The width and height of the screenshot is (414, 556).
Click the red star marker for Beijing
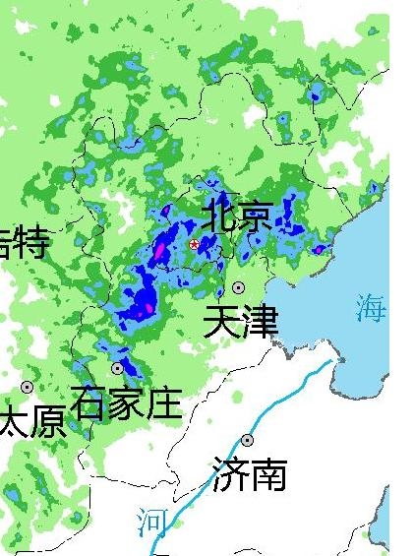coord(194,244)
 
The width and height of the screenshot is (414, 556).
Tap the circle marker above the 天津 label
coord(239,287)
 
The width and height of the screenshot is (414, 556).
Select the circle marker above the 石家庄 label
coord(118,368)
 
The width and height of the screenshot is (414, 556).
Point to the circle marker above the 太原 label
coord(27,387)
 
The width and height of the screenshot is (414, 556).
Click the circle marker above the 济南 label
coord(247,440)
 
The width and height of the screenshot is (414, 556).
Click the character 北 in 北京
coord(218,216)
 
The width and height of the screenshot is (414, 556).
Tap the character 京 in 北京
coord(254,216)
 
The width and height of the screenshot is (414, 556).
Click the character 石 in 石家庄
coord(89,403)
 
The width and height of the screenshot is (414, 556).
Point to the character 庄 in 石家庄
coord(163,403)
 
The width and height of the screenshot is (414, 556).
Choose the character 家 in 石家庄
coord(126,403)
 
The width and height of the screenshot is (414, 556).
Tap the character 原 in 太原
coord(47,421)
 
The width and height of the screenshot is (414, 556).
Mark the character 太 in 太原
coord(12,421)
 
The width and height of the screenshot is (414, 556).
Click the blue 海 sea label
coord(372,309)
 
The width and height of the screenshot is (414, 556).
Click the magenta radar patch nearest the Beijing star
coord(160,250)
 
